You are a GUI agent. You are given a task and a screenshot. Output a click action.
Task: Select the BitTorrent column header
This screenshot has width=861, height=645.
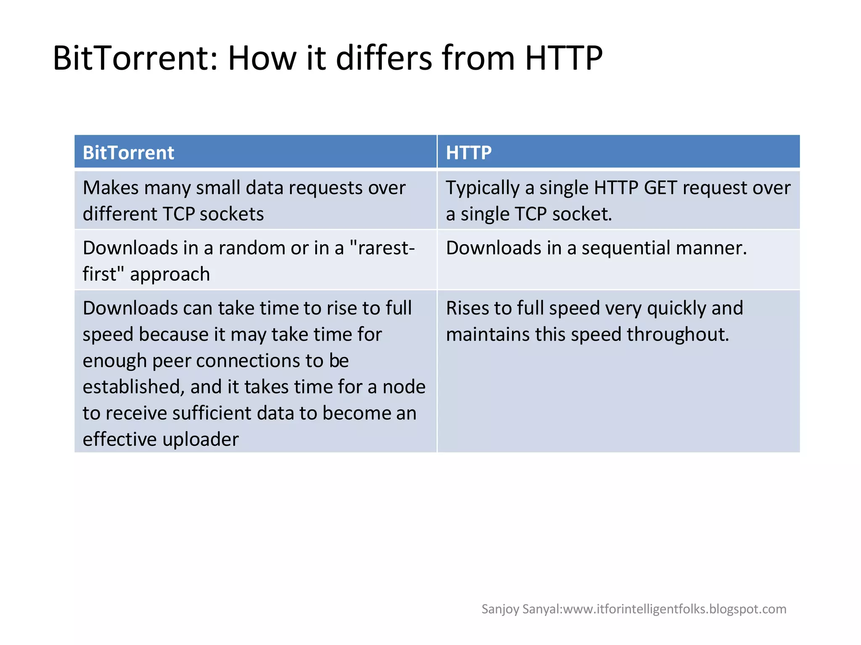[128, 152]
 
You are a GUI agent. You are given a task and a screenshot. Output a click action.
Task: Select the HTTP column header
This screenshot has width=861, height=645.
[468, 152]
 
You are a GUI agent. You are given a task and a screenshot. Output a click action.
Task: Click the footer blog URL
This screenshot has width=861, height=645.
[674, 609]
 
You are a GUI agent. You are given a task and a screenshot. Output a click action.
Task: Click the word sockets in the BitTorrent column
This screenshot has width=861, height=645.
[232, 214]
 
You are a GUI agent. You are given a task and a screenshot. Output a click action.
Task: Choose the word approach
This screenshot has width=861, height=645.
[170, 275]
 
